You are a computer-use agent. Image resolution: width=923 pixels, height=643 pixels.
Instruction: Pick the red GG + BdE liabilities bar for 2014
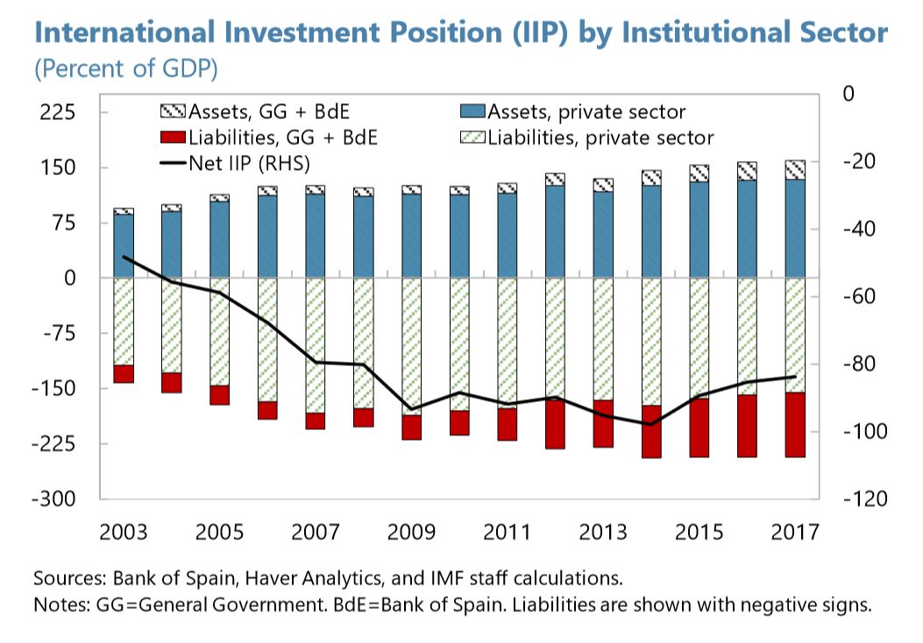651,431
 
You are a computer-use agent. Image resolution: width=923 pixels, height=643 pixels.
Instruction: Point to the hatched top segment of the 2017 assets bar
795,169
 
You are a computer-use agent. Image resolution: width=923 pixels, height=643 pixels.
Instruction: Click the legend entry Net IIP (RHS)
237,163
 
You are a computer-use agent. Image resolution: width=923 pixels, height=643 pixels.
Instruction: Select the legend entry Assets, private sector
586,111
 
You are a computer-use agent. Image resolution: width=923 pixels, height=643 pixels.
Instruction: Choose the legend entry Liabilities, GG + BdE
271,138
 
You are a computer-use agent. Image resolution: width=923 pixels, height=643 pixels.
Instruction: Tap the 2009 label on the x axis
411,532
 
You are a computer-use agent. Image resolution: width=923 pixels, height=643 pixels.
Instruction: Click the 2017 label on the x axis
795,532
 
